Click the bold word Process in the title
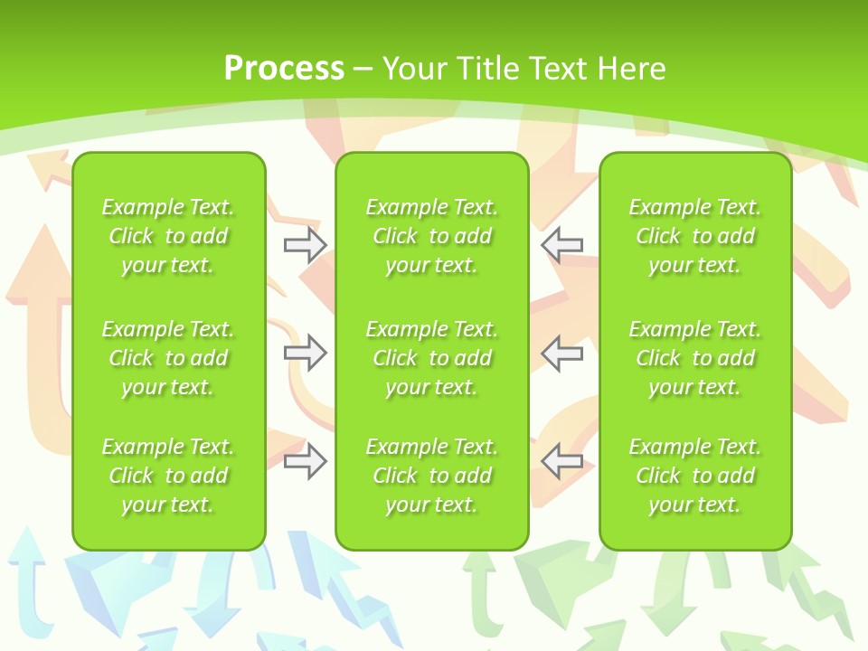pyautogui.click(x=284, y=69)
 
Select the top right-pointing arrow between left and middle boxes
pyautogui.click(x=305, y=245)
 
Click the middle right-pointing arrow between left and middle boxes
pyautogui.click(x=305, y=353)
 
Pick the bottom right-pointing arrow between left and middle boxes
pyautogui.click(x=305, y=462)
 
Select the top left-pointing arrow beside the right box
pyautogui.click(x=562, y=245)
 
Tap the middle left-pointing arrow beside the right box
pyautogui.click(x=562, y=353)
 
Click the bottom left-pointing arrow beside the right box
pyautogui.click(x=562, y=462)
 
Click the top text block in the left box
pyautogui.click(x=168, y=236)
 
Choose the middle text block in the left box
pyautogui.click(x=168, y=358)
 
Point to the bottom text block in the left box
pyautogui.click(x=168, y=476)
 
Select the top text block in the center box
pyautogui.click(x=431, y=236)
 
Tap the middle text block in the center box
pyautogui.click(x=431, y=358)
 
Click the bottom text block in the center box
pyautogui.click(x=431, y=476)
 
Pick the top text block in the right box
pyautogui.click(x=694, y=236)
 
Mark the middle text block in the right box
pyautogui.click(x=694, y=358)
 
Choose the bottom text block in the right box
pyautogui.click(x=694, y=476)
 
